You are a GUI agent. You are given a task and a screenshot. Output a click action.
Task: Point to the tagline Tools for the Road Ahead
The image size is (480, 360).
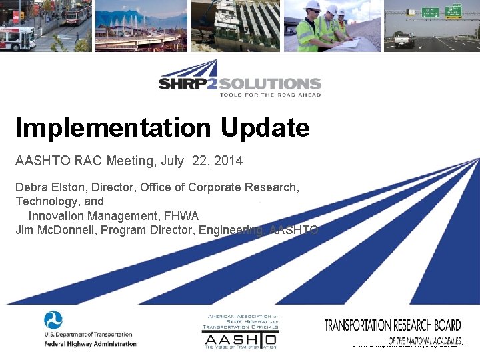point(270,95)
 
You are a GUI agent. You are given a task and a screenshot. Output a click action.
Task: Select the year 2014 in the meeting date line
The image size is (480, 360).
point(229,161)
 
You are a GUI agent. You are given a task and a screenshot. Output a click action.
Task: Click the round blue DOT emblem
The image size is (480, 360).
point(53,320)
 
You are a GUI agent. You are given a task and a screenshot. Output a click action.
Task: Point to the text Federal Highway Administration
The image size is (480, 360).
point(90,344)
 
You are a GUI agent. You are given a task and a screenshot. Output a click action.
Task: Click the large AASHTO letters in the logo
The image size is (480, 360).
point(239,339)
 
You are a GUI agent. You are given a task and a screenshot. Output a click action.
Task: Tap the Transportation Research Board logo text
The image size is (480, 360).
point(392,326)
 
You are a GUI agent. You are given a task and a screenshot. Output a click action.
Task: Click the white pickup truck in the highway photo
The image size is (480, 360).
point(404,39)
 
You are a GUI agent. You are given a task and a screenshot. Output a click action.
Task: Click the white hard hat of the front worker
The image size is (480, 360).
point(311,6)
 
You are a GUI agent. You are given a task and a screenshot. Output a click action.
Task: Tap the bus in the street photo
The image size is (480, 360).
point(17,38)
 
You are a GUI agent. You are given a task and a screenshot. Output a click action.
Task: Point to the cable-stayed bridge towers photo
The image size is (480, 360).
point(140,27)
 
